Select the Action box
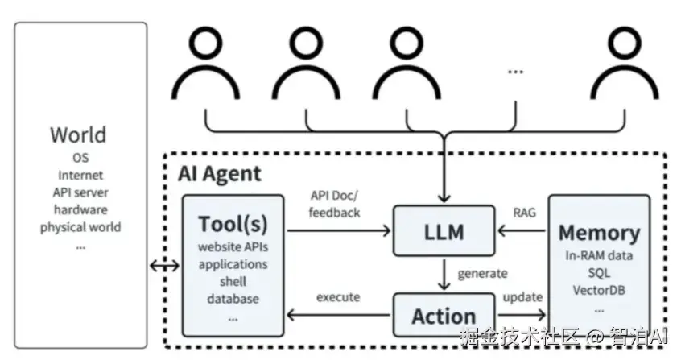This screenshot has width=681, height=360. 442,315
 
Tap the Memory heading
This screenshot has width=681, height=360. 599,233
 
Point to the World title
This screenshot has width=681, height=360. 78,134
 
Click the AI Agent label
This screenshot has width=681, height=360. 219,173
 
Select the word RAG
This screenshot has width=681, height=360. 524,213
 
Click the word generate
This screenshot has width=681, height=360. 482,273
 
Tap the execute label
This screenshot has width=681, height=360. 337,297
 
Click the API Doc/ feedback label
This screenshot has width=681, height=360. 335,205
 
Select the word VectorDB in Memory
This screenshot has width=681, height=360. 599,290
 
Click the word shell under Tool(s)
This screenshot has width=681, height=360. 233,281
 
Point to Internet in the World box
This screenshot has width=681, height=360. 80,174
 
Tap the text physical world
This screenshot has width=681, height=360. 80,227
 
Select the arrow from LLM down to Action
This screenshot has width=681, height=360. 443,275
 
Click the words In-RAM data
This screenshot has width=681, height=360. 599,256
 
